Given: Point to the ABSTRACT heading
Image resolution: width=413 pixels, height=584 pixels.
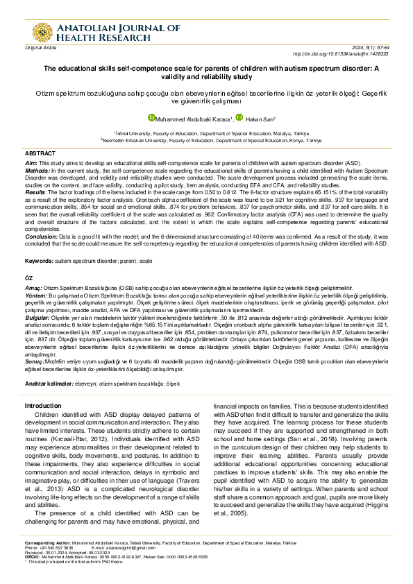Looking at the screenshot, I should tap(40, 153).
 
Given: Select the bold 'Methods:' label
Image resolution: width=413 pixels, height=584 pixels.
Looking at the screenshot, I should tap(37, 169).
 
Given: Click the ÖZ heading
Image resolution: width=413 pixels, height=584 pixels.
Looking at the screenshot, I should tap(29, 277).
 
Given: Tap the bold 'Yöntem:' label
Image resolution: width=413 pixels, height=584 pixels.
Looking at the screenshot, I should tap(36, 293).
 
